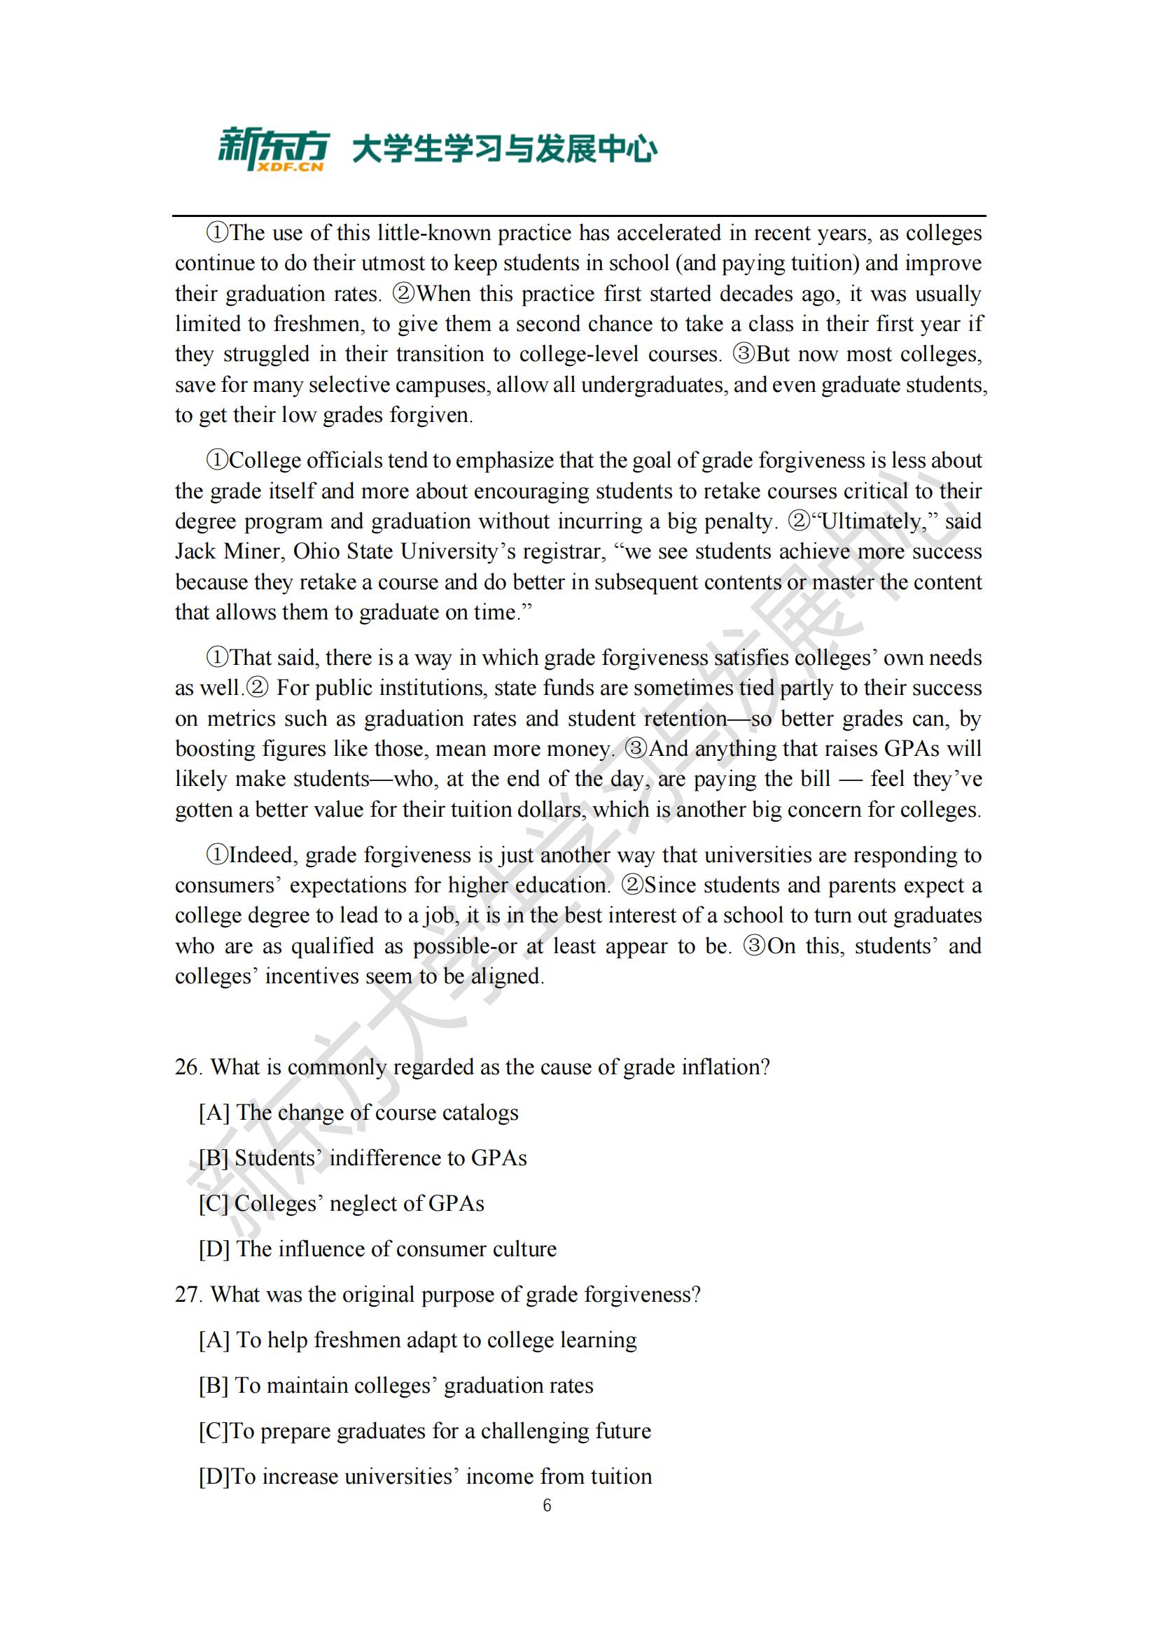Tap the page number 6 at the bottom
547,1505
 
